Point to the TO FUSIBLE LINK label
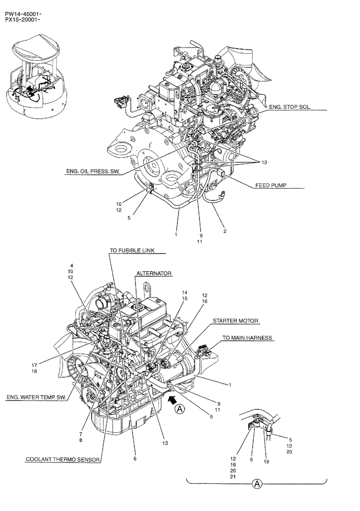[x=132, y=250]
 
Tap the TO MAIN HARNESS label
[x=247, y=338]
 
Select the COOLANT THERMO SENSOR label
[x=63, y=459]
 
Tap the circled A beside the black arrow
[x=179, y=408]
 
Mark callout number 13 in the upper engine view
[x=264, y=162]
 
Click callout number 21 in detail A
[x=247, y=478]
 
